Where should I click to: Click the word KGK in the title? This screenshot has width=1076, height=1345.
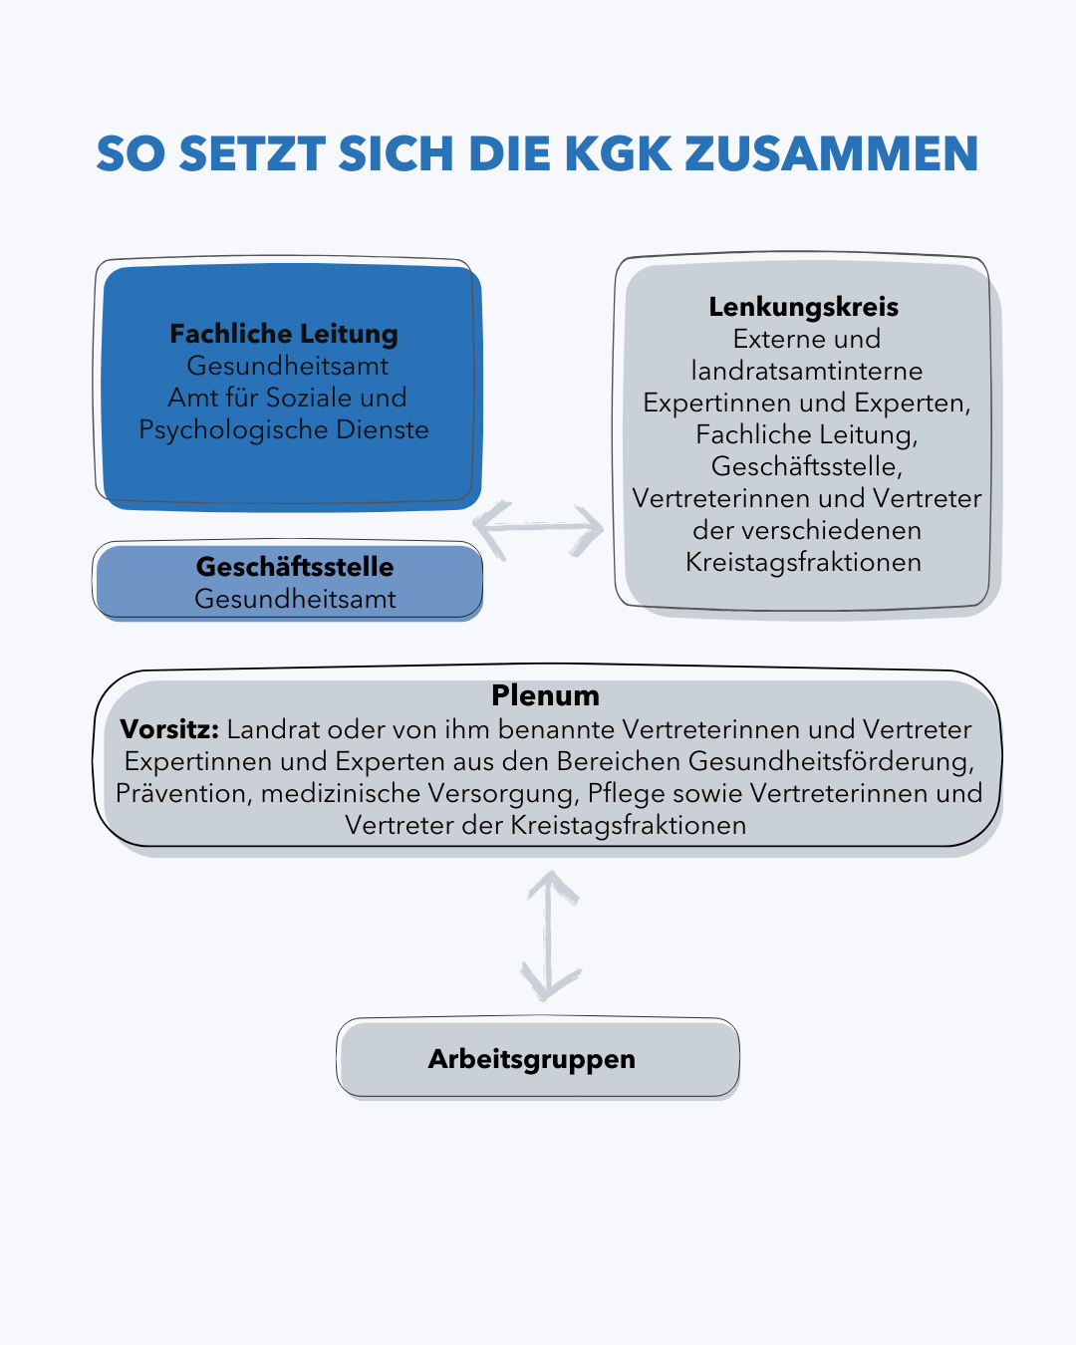(x=618, y=153)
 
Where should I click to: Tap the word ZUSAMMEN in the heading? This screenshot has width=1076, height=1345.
(x=832, y=153)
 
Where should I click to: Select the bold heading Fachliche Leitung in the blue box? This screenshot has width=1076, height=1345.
(x=284, y=335)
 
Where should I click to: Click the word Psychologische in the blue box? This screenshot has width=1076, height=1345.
(x=233, y=430)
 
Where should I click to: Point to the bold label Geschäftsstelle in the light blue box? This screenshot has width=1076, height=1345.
(x=295, y=567)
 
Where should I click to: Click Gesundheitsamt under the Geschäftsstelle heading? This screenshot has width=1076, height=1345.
(x=295, y=600)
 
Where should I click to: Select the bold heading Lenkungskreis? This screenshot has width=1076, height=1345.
(x=803, y=308)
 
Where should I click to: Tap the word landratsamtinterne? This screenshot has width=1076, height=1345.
(x=807, y=372)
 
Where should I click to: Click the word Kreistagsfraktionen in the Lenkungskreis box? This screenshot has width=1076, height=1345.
(x=803, y=563)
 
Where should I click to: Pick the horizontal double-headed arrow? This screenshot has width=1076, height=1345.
(x=539, y=529)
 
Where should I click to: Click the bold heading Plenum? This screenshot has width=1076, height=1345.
(x=545, y=695)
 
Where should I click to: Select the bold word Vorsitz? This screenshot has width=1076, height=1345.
(x=169, y=729)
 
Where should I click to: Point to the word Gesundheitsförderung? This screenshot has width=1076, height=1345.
(x=832, y=762)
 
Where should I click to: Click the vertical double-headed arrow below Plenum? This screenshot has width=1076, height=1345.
(x=550, y=936)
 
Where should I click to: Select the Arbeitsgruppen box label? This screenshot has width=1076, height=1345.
(x=532, y=1059)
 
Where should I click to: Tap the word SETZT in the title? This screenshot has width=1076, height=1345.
(x=252, y=153)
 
